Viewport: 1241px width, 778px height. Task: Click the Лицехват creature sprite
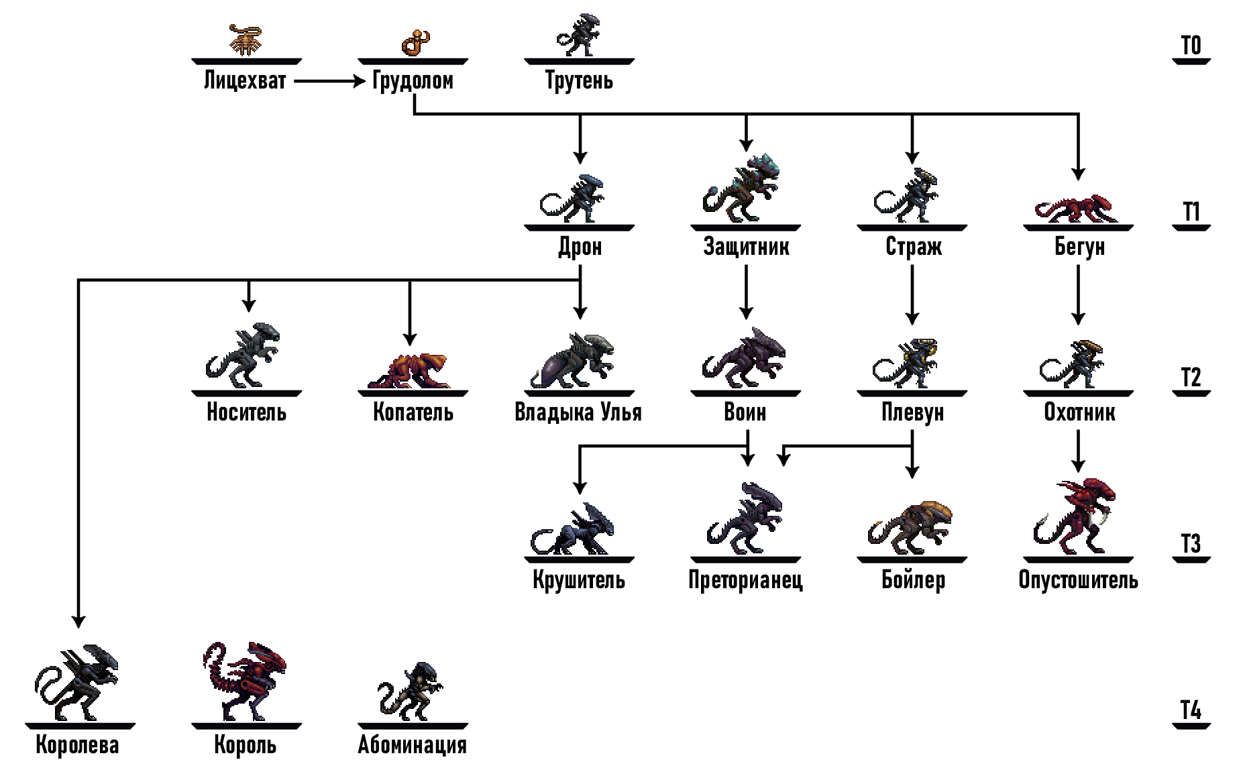246,40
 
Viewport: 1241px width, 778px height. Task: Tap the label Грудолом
413,80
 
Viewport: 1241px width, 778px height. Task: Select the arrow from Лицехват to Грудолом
329,81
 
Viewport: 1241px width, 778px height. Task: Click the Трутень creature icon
578,35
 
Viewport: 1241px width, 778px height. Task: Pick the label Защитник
746,246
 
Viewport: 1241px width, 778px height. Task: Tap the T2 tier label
1191,377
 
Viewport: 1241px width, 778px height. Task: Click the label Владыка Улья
578,412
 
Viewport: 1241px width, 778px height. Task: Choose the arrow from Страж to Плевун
912,294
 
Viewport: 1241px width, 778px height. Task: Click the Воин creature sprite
744,357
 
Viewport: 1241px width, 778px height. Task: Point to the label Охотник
1079,412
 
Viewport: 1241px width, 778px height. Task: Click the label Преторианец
745,579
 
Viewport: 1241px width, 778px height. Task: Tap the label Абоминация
412,744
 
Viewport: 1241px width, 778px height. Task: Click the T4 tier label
1191,710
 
